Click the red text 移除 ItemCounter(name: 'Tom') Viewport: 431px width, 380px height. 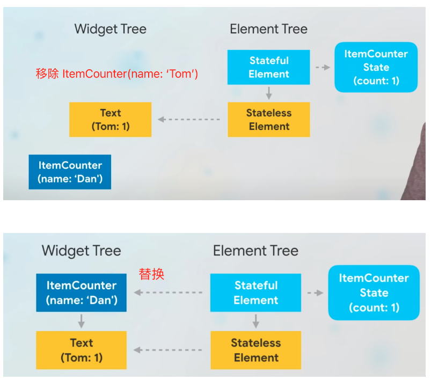[117, 74]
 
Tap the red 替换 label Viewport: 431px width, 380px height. [151, 274]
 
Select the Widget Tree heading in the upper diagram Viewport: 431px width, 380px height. [110, 29]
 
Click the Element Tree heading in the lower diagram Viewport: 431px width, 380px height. [255, 251]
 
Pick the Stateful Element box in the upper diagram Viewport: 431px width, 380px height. [268, 67]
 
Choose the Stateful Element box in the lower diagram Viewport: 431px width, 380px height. [255, 293]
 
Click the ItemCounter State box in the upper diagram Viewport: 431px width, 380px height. [376, 67]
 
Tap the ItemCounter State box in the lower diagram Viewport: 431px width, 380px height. [374, 293]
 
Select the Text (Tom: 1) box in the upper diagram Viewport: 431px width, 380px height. [110, 120]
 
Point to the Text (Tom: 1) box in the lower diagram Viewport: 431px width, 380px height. [82, 350]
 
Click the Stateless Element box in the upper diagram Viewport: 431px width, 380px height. [269, 120]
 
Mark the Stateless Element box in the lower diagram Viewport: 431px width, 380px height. [256, 350]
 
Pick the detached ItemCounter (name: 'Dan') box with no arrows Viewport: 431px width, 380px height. [70, 172]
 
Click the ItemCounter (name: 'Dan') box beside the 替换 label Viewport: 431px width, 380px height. [82, 293]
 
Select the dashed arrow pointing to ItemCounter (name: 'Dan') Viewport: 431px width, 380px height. [168, 293]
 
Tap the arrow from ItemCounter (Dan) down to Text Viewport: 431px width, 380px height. [81, 321]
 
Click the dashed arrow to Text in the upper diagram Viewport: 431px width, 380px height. [189, 119]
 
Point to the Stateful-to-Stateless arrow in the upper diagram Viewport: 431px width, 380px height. [269, 93]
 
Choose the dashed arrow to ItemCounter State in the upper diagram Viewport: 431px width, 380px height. [323, 68]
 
